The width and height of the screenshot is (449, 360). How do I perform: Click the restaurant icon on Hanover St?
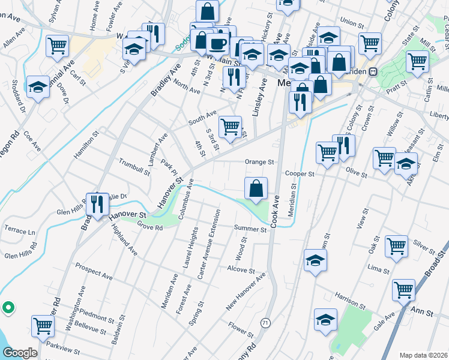pyautogui.click(x=96, y=205)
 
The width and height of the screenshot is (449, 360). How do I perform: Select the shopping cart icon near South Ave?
pyautogui.click(x=230, y=127)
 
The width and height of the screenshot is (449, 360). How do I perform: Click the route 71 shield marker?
pyautogui.click(x=265, y=323)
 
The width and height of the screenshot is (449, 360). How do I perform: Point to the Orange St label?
pyautogui.click(x=259, y=162)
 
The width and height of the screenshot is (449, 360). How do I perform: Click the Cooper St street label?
pyautogui.click(x=300, y=174)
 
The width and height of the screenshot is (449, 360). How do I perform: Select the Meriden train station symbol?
pyautogui.click(x=373, y=71)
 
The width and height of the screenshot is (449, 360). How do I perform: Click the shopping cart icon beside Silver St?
pyautogui.click(x=397, y=246)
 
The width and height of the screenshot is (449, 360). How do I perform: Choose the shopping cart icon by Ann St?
pyautogui.click(x=403, y=290)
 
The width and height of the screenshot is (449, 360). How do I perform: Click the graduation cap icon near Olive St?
pyautogui.click(x=406, y=163)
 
